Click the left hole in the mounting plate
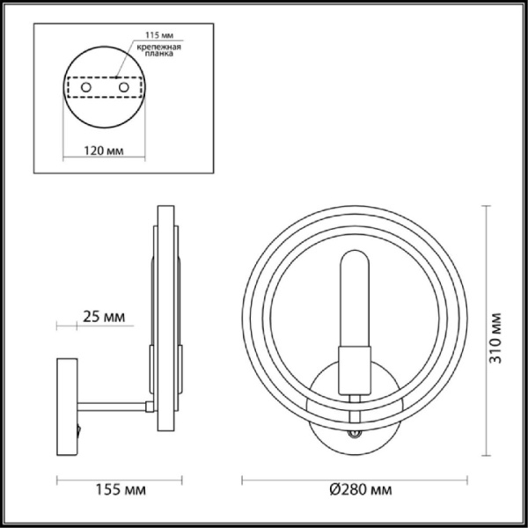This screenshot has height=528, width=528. (x=85, y=89)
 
